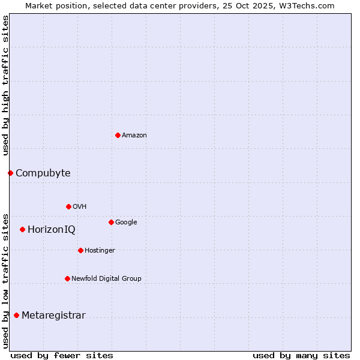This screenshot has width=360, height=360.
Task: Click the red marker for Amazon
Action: point(118,135)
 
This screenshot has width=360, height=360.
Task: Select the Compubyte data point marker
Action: point(10,173)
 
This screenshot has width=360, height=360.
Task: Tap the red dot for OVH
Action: point(68,206)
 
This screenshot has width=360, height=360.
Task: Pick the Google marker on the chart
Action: point(111,222)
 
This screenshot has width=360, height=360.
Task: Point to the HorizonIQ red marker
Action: point(22,229)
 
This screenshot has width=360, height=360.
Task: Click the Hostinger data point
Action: point(80,250)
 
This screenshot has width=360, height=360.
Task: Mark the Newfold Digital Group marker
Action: point(67,278)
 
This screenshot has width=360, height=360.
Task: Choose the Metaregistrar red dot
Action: point(16,315)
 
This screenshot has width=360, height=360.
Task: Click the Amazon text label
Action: point(134,136)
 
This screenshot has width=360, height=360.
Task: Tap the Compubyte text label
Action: point(43,173)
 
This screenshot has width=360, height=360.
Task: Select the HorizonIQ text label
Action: point(52,230)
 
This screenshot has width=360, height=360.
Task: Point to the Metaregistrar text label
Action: point(53,316)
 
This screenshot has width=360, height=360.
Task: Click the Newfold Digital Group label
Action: point(106,278)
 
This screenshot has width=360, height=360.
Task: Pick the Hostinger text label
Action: point(100,251)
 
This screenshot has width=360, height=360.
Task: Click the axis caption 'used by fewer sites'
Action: point(62,355)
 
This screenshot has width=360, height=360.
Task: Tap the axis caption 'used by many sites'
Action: point(301,355)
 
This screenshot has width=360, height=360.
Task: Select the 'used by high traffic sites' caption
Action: point(6,85)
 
